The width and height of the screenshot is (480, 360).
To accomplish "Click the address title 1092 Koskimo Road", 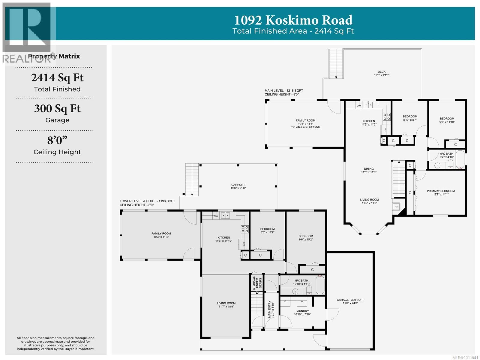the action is [293, 20].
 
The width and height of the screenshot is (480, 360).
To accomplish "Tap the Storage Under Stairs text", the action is [257, 283].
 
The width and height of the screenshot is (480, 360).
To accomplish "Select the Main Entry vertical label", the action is [271, 309].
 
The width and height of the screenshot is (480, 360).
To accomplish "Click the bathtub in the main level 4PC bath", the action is [460, 159].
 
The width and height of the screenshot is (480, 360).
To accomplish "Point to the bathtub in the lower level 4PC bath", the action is [320, 285].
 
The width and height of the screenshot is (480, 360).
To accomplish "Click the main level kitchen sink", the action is [368, 105].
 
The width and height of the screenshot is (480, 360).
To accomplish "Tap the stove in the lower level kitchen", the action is [245, 229].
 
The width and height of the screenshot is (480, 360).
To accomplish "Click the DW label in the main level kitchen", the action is [358, 106].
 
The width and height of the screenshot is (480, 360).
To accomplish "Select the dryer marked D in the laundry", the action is [285, 302].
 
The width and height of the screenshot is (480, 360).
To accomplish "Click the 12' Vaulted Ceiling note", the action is [305, 127].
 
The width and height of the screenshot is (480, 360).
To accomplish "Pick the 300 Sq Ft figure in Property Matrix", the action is [57, 109].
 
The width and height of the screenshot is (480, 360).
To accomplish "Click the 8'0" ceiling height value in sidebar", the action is [57, 140].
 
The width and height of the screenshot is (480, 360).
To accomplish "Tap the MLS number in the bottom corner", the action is [465, 357].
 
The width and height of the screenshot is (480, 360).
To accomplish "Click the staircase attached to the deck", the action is [336, 63].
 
